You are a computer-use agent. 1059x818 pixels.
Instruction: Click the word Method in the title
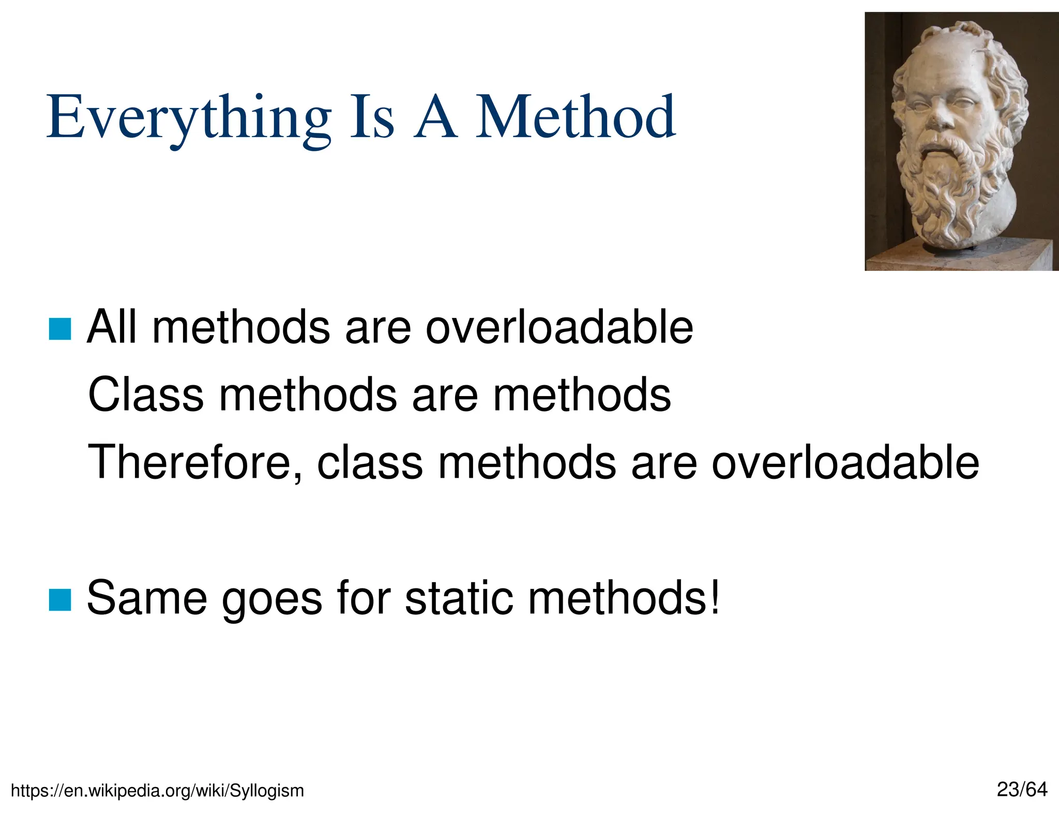575,118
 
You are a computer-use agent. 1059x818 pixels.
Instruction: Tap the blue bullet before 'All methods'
59,329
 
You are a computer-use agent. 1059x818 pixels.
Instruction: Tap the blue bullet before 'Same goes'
59,600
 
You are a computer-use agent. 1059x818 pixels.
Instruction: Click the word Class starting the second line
146,395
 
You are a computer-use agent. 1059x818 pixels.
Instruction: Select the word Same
147,598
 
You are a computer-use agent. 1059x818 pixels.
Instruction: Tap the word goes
272,601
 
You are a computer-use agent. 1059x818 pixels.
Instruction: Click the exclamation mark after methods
715,597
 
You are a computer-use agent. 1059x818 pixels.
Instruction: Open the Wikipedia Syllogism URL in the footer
157,791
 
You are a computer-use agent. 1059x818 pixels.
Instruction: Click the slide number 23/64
1022,790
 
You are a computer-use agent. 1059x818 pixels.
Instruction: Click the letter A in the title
435,118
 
